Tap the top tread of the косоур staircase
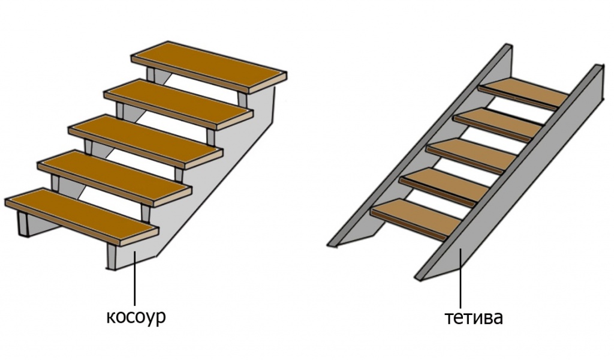207,67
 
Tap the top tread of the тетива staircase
525,93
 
